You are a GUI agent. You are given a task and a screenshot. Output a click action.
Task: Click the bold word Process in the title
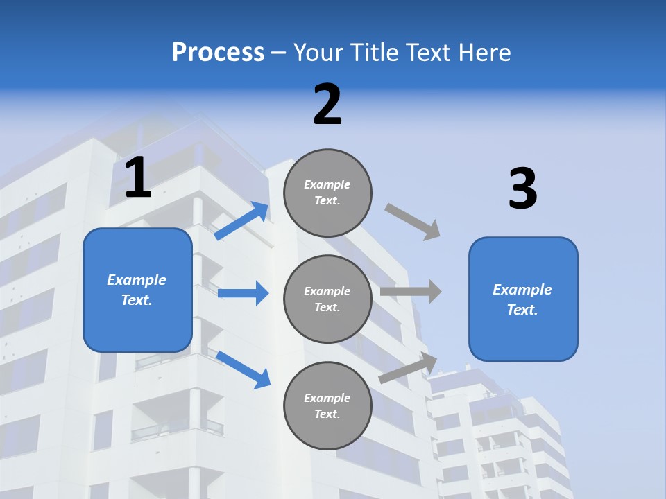pyautogui.click(x=218, y=52)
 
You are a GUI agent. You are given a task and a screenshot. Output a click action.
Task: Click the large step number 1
pyautogui.click(x=138, y=177)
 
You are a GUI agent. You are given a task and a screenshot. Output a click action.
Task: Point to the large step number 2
pyautogui.click(x=327, y=105)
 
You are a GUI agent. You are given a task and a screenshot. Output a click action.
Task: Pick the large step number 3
pyautogui.click(x=522, y=189)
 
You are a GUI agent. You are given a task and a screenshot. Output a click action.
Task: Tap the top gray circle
pyautogui.click(x=327, y=193)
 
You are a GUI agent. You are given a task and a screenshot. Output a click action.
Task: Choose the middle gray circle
pyautogui.click(x=327, y=299)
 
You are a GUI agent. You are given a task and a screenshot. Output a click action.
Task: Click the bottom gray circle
pyautogui.click(x=327, y=405)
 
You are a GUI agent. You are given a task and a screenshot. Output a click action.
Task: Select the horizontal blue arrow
pyautogui.click(x=243, y=293)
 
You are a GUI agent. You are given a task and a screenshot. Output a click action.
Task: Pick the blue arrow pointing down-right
pyautogui.click(x=243, y=369)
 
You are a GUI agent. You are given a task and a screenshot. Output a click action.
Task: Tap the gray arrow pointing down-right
pyautogui.click(x=413, y=222)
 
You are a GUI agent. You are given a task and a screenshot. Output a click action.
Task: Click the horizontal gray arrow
pyautogui.click(x=411, y=291)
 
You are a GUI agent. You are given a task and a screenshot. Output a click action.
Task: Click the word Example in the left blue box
pyautogui.click(x=137, y=280)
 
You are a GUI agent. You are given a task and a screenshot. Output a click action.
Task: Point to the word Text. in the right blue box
pyautogui.click(x=522, y=310)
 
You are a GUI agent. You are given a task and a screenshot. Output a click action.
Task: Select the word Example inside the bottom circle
pyautogui.click(x=327, y=398)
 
